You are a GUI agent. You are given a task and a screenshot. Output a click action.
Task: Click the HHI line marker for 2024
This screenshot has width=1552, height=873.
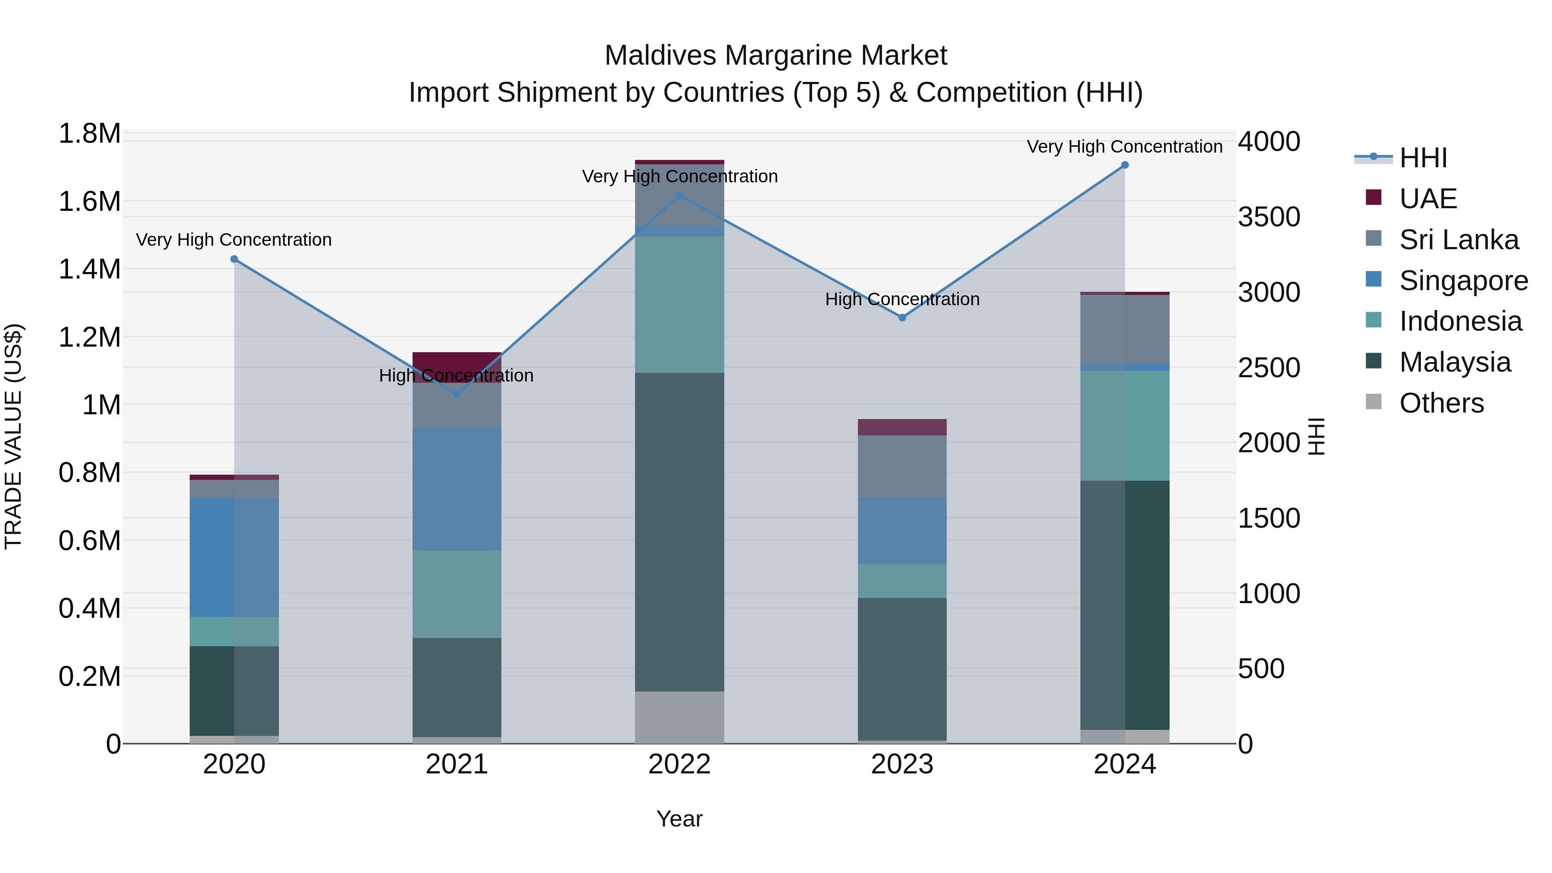click(1124, 165)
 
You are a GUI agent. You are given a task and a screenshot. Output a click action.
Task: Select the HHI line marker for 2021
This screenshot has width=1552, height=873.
click(457, 394)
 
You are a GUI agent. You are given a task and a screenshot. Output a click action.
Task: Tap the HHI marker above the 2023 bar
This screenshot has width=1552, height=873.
click(902, 317)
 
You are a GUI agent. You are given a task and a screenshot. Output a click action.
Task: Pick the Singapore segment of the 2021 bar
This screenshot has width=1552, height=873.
click(457, 488)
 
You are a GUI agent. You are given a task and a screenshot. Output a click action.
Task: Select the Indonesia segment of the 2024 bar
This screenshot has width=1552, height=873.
click(1124, 426)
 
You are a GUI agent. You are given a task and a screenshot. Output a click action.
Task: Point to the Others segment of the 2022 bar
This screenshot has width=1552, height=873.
click(679, 717)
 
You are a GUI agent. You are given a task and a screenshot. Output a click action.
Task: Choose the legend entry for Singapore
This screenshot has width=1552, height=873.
click(1463, 281)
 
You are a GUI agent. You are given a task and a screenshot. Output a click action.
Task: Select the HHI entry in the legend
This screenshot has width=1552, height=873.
click(1423, 158)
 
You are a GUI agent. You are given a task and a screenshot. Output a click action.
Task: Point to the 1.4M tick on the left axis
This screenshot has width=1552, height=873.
click(89, 269)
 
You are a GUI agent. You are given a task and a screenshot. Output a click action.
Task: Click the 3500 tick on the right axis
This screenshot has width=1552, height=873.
click(1269, 217)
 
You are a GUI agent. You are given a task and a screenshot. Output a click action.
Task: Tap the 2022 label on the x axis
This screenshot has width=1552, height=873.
click(679, 764)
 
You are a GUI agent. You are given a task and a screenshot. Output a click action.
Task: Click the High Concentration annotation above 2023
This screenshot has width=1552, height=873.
click(902, 300)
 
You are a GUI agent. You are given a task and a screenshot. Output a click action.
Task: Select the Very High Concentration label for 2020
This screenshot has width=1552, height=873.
click(234, 240)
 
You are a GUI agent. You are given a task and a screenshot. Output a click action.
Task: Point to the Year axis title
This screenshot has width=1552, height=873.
click(679, 819)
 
